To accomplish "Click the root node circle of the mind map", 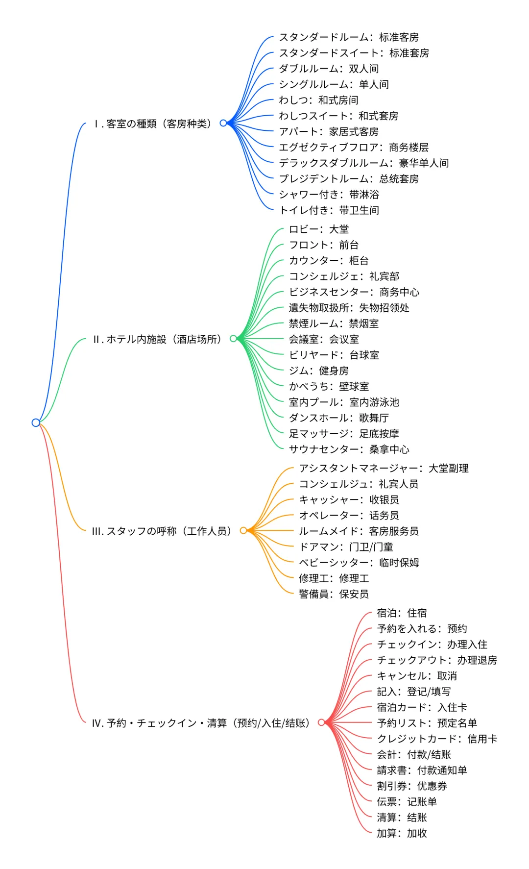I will click(x=36, y=422).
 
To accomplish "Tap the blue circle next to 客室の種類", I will click(x=223, y=123).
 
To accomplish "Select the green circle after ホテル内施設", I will click(x=233, y=339).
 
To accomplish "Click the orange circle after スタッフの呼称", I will click(x=243, y=530).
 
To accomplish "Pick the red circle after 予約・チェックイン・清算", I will click(x=321, y=722).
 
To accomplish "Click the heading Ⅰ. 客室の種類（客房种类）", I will click(x=152, y=124).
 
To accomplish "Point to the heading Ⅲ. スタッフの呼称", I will click(x=162, y=531).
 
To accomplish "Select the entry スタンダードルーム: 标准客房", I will click(x=349, y=37).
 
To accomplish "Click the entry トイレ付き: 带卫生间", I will click(x=329, y=210).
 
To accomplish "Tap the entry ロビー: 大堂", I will click(x=319, y=229).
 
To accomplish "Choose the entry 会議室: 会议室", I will click(x=324, y=339).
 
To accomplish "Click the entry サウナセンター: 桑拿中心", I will click(x=349, y=449).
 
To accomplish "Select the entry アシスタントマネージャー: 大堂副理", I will click(x=384, y=469).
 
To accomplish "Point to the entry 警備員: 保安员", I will click(x=334, y=594).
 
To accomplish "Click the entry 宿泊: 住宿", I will click(x=402, y=613).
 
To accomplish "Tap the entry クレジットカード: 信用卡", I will click(x=437, y=739).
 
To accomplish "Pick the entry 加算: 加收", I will click(x=402, y=833).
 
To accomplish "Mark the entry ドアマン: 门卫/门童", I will click(x=346, y=547).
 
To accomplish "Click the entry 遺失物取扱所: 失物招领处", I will click(x=349, y=308).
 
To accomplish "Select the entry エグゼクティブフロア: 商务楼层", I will click(x=354, y=147).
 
